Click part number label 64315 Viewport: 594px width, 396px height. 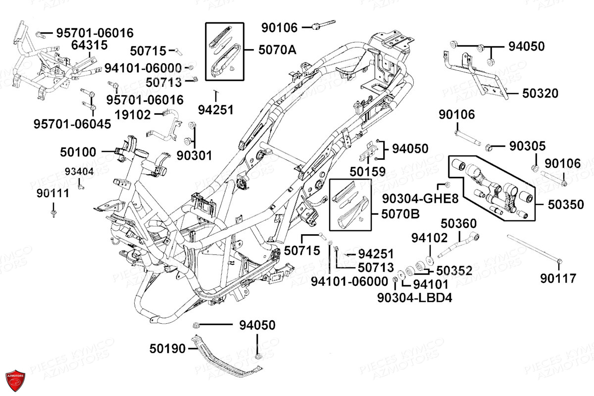[89, 46]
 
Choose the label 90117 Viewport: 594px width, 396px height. [558, 279]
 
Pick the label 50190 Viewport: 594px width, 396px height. [167, 349]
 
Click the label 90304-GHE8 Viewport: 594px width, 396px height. [420, 199]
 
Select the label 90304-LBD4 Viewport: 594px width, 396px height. [414, 297]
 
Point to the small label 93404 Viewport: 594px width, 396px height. [79, 172]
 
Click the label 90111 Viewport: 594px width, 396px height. [52, 195]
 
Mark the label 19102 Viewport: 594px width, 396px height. [133, 115]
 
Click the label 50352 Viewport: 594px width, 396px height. [454, 271]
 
